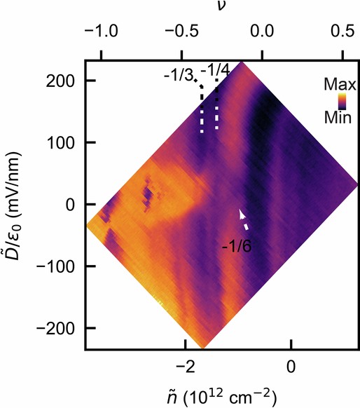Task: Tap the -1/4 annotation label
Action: pos(212,70)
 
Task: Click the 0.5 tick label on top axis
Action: pos(341,32)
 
